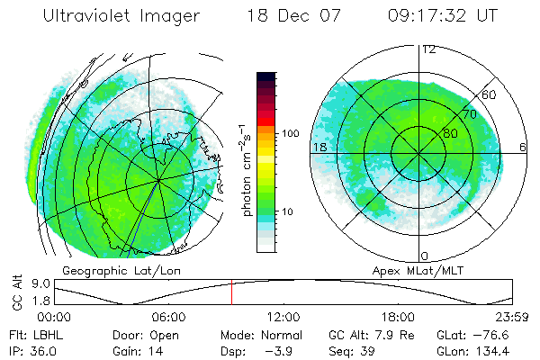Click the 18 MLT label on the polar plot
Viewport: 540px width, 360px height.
click(x=319, y=147)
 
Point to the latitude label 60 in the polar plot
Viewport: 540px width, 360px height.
click(x=490, y=94)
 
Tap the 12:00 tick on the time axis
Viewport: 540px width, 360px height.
click(x=283, y=317)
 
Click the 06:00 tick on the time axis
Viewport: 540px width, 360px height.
click(x=169, y=317)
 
